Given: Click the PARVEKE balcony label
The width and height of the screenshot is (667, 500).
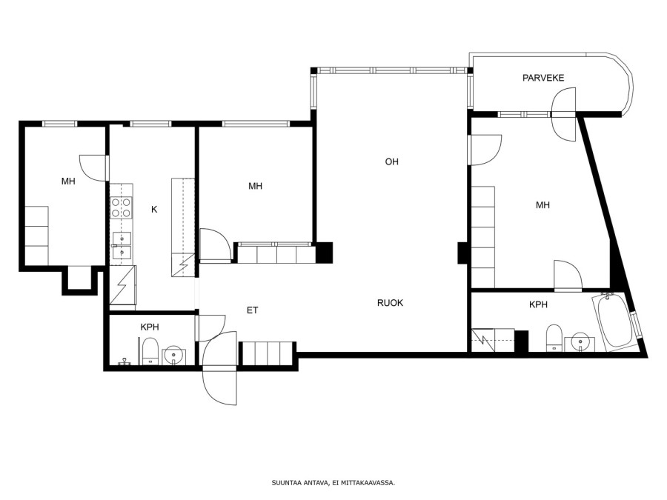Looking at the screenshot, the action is tap(543, 78).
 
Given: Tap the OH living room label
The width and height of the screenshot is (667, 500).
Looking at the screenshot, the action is tap(391, 161).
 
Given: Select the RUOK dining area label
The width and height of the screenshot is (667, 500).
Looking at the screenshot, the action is tap(390, 303).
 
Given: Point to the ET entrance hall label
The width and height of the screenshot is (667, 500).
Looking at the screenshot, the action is tap(252, 310).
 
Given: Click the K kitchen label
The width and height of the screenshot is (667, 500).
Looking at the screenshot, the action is tap(154, 209).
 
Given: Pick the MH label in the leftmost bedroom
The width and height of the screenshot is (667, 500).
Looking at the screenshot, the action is tap(68, 181).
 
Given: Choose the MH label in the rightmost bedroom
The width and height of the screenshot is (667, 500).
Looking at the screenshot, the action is tap(542, 205).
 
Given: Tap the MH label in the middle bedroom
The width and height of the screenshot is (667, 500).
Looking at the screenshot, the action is tap(255, 186).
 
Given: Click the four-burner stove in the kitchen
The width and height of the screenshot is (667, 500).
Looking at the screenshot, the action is tap(122, 208).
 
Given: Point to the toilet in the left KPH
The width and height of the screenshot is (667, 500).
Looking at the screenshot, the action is tap(149, 351).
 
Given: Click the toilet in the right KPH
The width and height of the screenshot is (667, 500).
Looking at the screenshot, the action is tap(554, 339).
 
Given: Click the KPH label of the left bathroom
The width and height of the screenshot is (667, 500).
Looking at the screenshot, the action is tap(150, 327).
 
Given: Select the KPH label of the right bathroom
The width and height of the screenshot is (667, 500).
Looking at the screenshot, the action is tap(538, 304).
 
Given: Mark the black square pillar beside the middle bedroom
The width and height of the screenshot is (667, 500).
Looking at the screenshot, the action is tap(324, 253).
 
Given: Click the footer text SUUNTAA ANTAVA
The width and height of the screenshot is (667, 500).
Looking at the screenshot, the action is tap(300, 482).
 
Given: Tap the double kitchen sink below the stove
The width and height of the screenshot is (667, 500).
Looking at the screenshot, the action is tap(122, 246).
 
